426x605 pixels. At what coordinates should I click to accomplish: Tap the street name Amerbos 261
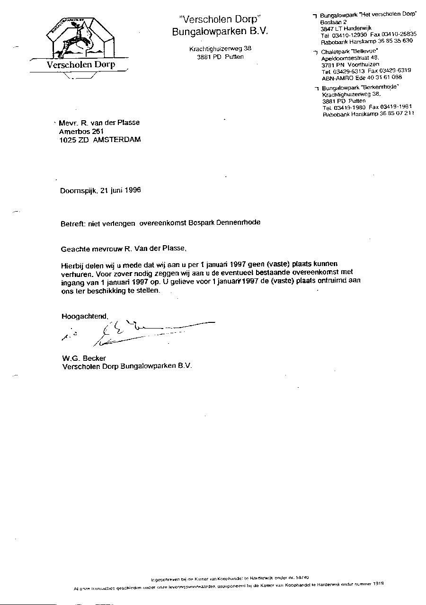point(80,131)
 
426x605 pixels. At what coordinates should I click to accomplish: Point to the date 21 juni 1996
point(121,191)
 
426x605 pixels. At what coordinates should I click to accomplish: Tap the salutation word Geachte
point(76,248)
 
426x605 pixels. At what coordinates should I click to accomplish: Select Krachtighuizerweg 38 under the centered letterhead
point(220,49)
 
